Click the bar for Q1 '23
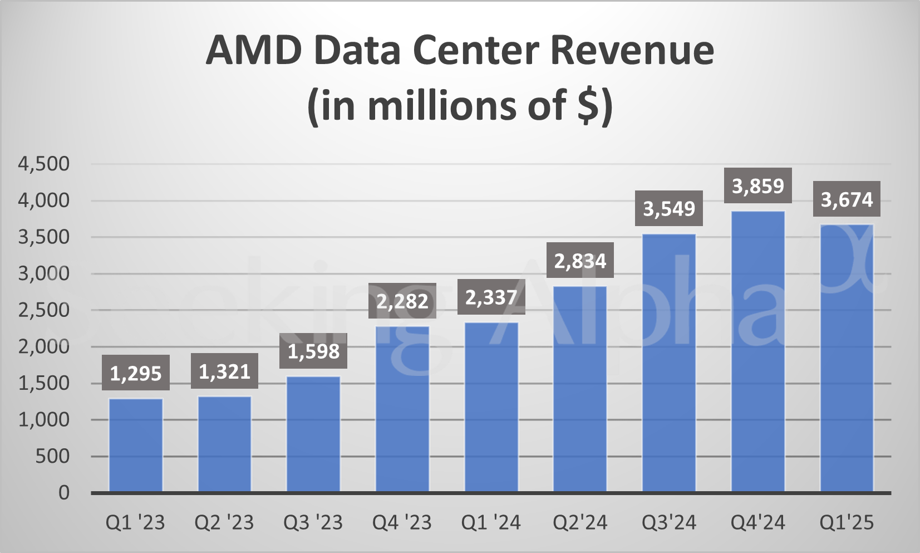[136, 445]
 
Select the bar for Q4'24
[758, 351]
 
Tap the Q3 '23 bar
[313, 434]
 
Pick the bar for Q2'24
[580, 389]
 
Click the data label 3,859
[757, 186]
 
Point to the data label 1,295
[136, 373]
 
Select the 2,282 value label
[402, 301]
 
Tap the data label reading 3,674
[847, 199]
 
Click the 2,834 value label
[580, 261]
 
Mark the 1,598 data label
[313, 351]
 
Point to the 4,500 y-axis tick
[44, 164]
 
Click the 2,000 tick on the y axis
[44, 346]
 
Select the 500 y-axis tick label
[53, 456]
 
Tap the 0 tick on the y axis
[64, 493]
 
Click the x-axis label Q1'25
[847, 523]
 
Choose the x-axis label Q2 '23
[224, 523]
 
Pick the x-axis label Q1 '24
[491, 523]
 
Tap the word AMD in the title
[253, 50]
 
